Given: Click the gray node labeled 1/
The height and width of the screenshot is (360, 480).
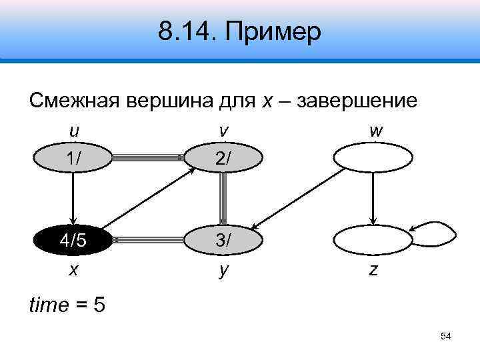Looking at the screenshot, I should (x=73, y=158).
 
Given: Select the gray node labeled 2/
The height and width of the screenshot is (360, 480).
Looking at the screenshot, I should (x=223, y=158).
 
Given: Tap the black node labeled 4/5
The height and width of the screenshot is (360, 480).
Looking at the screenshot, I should (x=73, y=239).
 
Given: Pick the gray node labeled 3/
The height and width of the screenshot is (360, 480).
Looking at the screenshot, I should (x=223, y=239).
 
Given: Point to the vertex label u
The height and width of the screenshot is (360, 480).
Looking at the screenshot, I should (x=73, y=131).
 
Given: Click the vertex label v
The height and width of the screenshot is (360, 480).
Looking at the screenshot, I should (x=223, y=131).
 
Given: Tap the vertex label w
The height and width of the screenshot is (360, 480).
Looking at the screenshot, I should (x=375, y=131).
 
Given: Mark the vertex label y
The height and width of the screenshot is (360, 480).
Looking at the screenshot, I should (x=223, y=271).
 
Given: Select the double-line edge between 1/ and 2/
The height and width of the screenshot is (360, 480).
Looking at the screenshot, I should (x=148, y=158).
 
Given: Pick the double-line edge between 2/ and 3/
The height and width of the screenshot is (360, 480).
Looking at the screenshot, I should (x=223, y=198).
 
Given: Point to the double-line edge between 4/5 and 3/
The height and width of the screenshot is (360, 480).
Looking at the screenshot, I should (x=148, y=239).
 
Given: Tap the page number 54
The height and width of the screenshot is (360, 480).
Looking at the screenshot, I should (x=446, y=337).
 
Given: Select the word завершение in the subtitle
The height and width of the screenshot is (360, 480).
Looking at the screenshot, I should (x=357, y=101).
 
